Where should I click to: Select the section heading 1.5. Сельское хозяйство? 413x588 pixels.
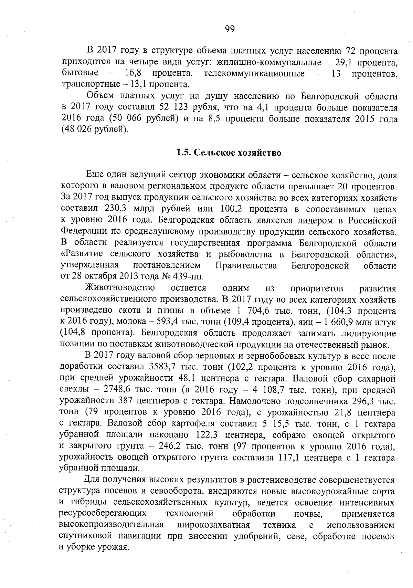(229, 153)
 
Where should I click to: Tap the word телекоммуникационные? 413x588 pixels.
(254, 74)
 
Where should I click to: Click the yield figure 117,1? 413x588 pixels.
(288, 458)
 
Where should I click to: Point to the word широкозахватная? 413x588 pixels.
(213, 525)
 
